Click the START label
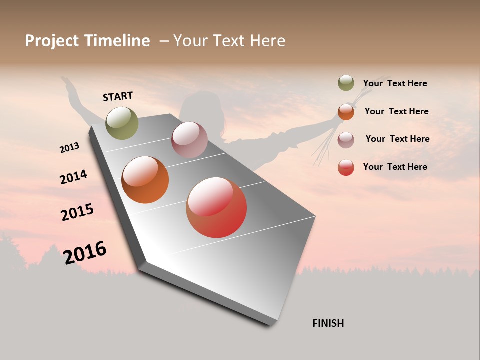(x=118, y=96)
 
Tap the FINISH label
(x=328, y=323)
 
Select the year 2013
(x=69, y=148)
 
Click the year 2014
(x=73, y=177)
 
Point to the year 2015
(x=77, y=212)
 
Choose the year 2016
(x=85, y=252)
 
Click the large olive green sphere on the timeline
(x=122, y=123)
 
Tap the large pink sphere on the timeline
(x=189, y=140)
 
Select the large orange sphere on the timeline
(x=145, y=180)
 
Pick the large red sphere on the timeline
(x=216, y=207)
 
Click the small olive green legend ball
(x=346, y=83)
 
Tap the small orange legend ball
(x=346, y=111)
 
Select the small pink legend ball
(x=346, y=139)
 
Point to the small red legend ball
(x=346, y=167)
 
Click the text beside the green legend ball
(x=395, y=83)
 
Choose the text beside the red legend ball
(x=395, y=167)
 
